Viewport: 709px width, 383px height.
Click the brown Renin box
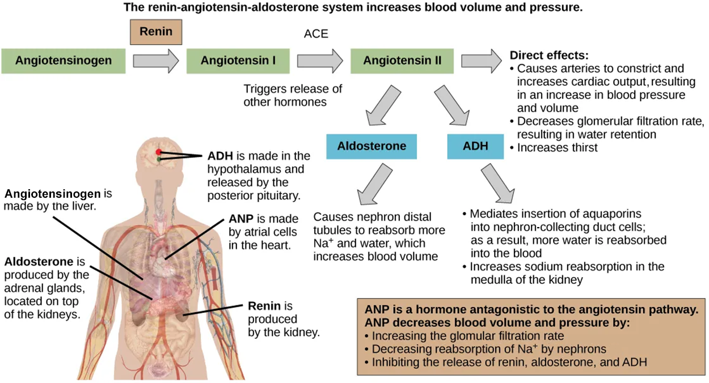tap(157, 32)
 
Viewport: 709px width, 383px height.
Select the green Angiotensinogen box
tap(64, 61)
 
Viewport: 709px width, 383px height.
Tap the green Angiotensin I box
tap(238, 61)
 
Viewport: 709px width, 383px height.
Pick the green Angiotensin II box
tap(402, 61)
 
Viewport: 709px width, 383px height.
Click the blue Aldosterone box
tap(372, 146)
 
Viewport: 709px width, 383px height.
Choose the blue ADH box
tap(475, 146)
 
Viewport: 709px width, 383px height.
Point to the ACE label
tap(316, 34)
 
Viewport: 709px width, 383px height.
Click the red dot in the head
tap(159, 152)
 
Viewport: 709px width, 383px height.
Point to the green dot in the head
tap(159, 160)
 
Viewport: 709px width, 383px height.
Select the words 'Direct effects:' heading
tap(549, 56)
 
